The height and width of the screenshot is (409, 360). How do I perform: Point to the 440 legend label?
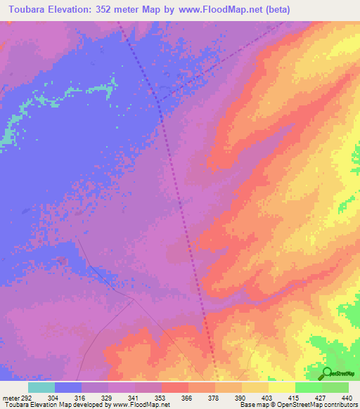[345, 397]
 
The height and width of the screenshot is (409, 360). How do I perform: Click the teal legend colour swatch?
[41, 387]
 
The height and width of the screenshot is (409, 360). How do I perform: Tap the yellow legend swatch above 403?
[255, 387]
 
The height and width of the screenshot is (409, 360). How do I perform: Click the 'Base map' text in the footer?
[252, 405]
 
